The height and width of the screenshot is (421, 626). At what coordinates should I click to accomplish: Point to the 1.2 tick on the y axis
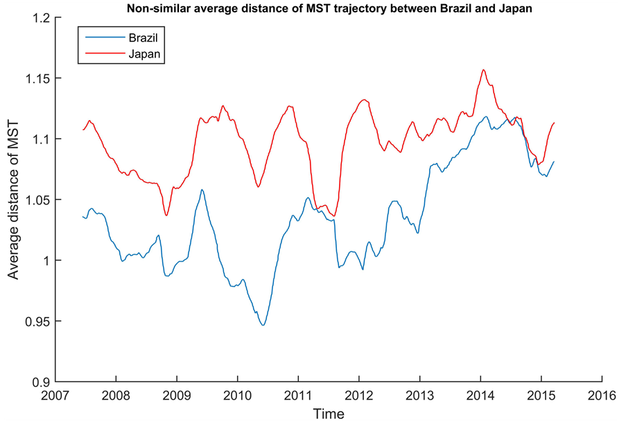coord(40,18)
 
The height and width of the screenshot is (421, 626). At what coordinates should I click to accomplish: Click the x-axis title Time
coord(328,413)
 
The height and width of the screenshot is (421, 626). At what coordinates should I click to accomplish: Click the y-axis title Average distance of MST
coord(13,200)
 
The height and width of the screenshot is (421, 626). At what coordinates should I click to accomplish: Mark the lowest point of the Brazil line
coord(263,325)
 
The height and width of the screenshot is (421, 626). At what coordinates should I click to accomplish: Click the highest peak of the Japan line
coord(483,69)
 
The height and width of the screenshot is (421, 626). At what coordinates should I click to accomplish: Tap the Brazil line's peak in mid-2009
coord(202,189)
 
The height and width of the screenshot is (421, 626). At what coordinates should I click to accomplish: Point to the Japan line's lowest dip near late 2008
coord(166,215)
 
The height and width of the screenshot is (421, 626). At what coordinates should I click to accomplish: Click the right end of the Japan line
coord(555,123)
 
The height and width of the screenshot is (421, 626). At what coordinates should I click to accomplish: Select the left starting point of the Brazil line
coord(82,216)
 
